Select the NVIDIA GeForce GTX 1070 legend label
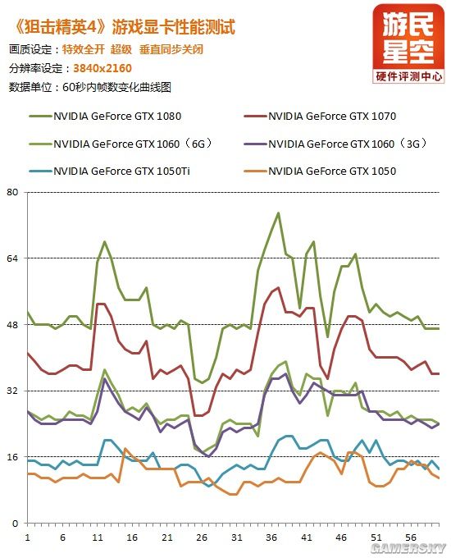[332, 116]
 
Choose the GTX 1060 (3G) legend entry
[344, 144]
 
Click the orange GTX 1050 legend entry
[332, 172]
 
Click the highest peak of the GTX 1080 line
[279, 213]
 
